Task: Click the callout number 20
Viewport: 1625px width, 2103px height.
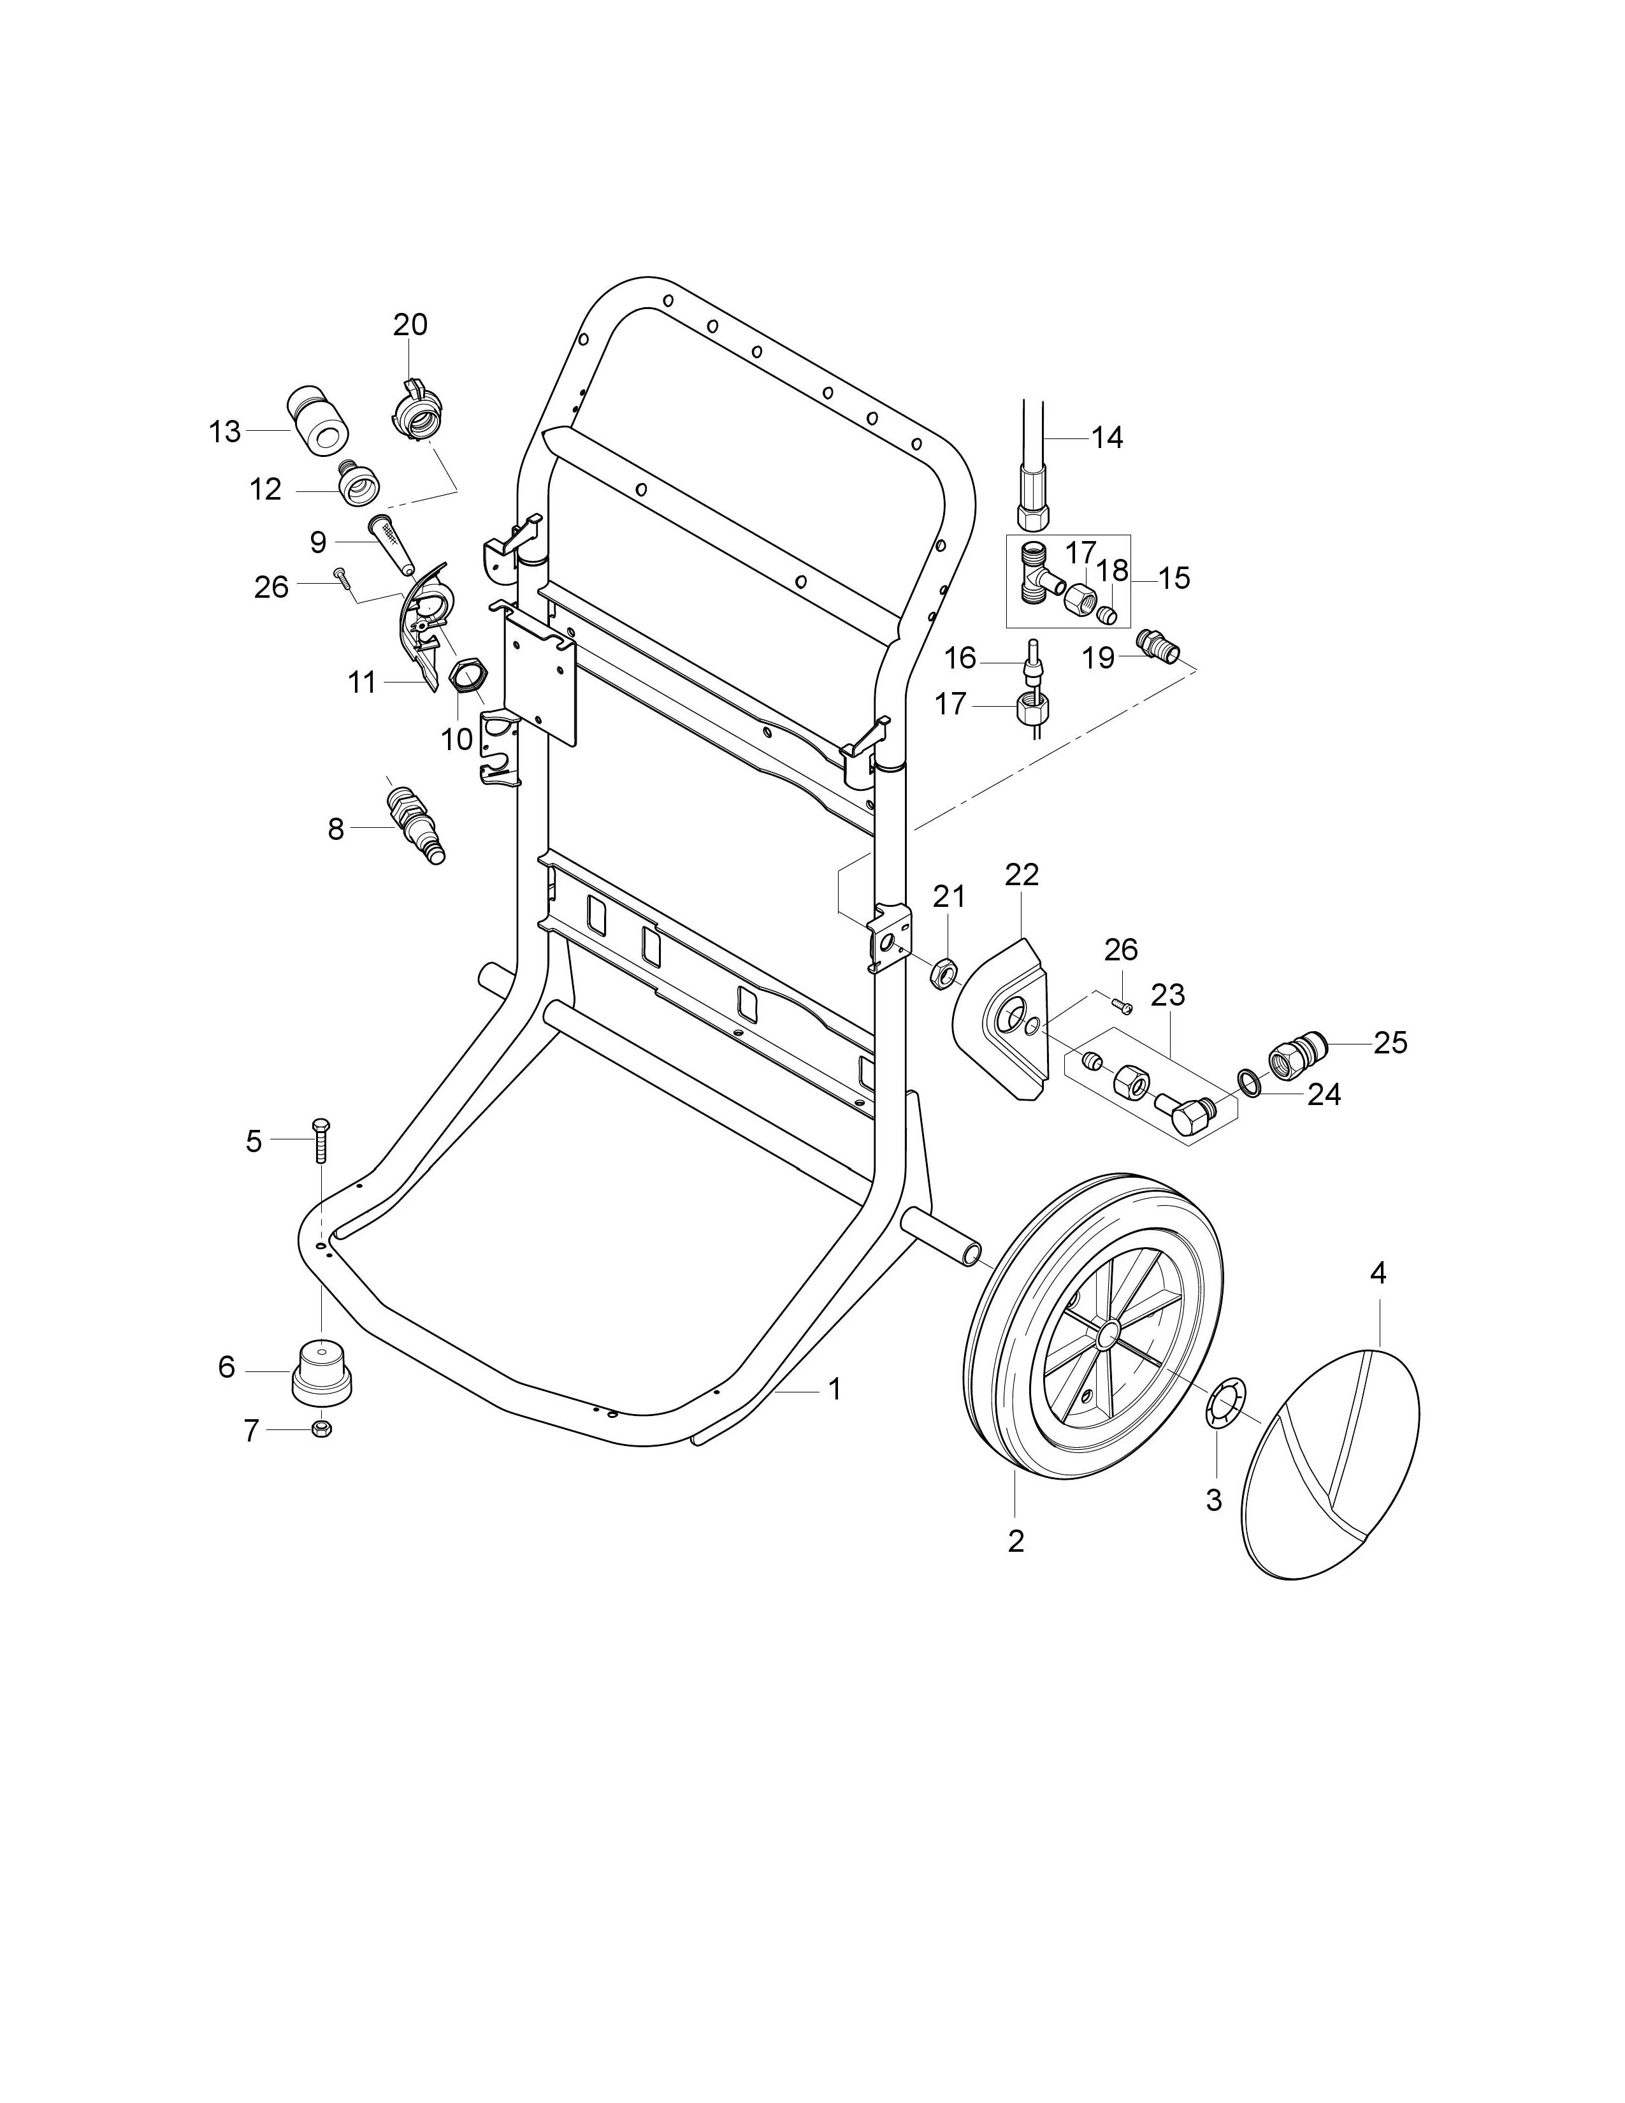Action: (x=410, y=324)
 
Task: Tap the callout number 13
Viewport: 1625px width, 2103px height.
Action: (x=224, y=432)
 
